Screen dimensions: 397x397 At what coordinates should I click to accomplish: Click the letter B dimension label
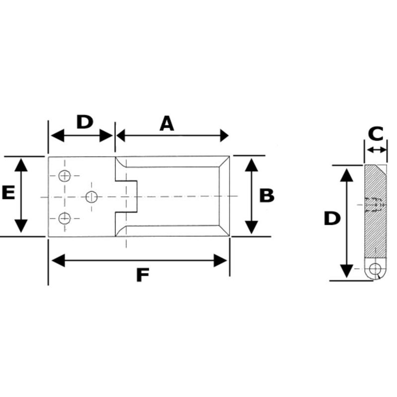tap(267, 196)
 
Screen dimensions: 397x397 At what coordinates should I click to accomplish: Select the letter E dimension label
tap(8, 192)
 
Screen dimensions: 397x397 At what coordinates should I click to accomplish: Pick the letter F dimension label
tap(143, 275)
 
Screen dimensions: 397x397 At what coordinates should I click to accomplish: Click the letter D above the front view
tap(85, 122)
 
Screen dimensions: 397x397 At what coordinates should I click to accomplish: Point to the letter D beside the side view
tap(332, 219)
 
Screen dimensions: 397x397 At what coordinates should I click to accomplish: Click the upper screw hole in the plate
tap(64, 176)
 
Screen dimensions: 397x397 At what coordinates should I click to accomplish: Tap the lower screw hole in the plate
tap(64, 218)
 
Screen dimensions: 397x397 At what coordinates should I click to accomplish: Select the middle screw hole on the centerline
tap(92, 197)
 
